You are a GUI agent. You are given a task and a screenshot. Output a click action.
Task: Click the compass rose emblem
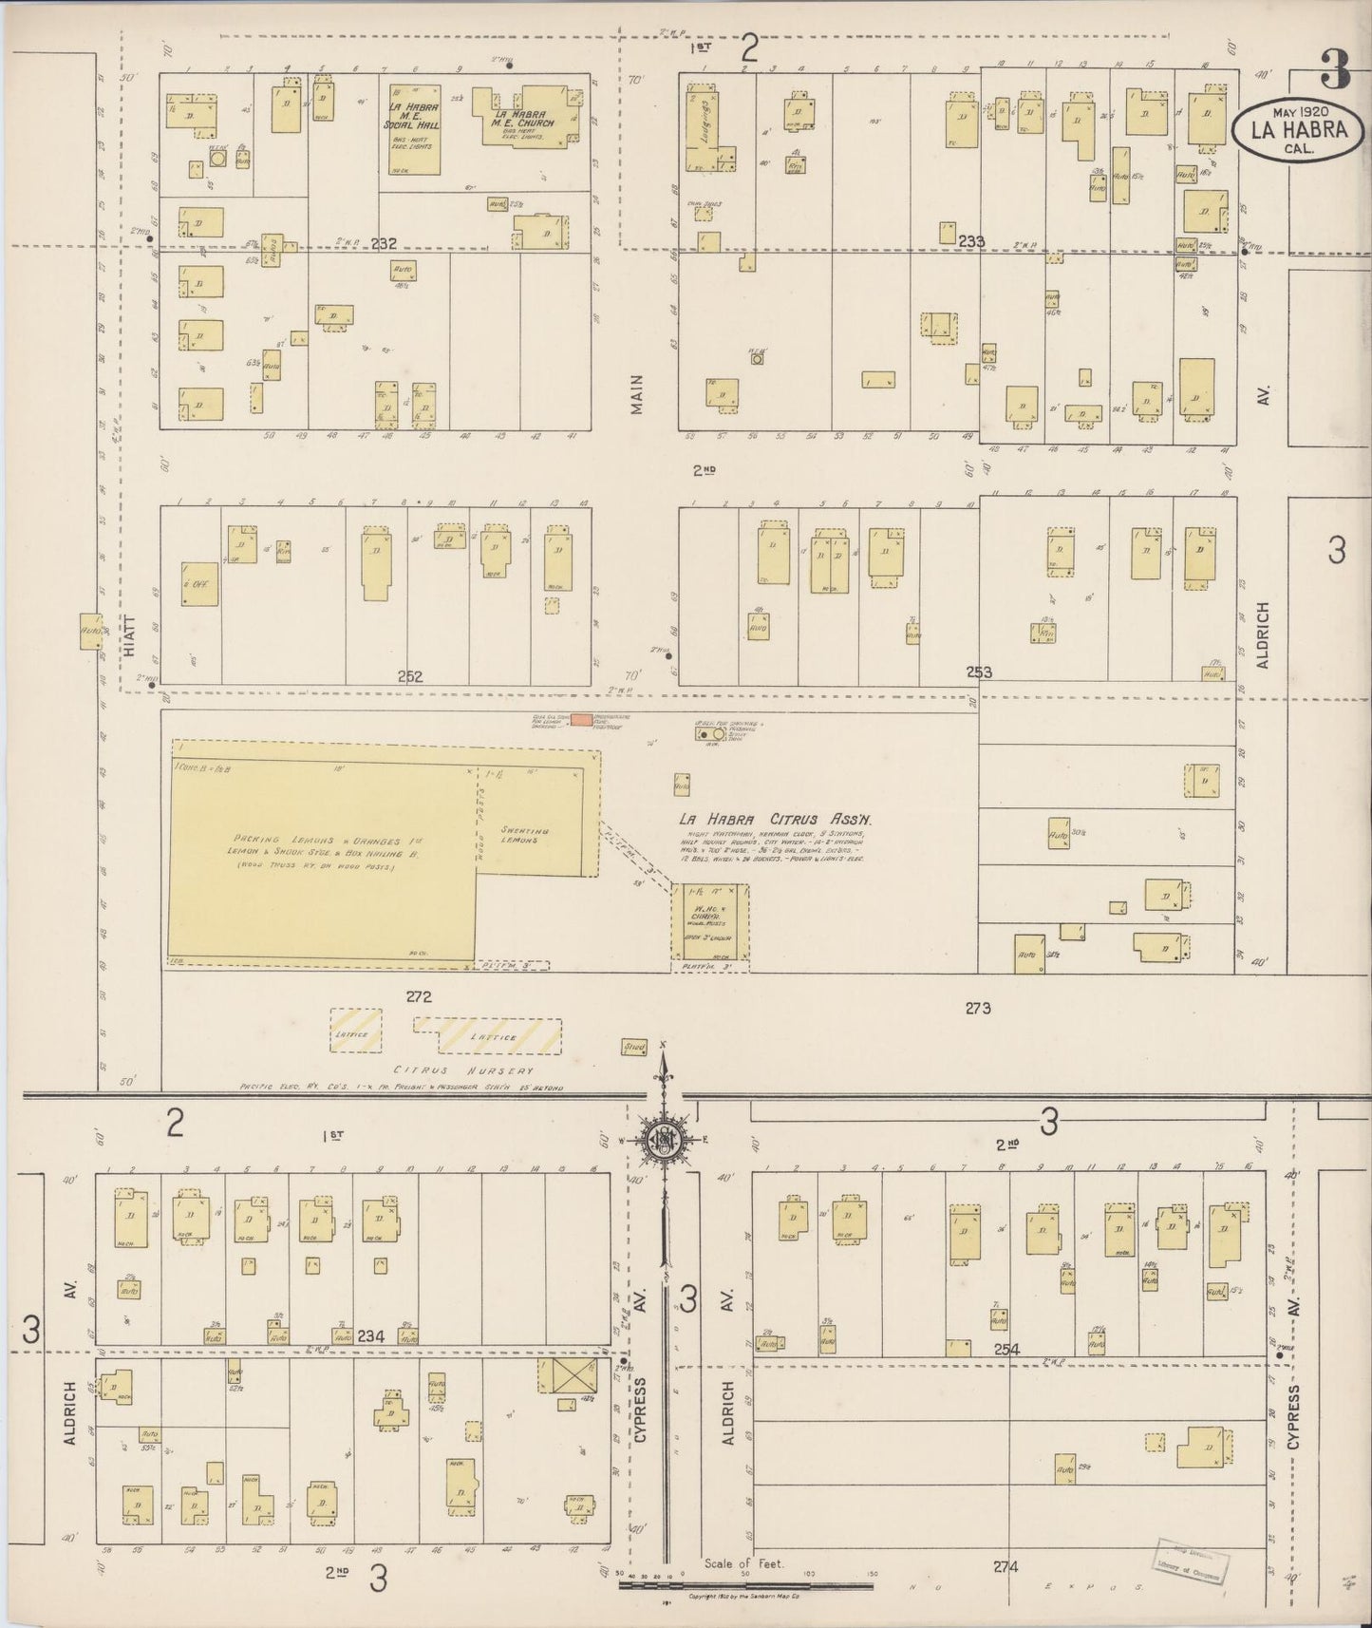pyautogui.click(x=662, y=1140)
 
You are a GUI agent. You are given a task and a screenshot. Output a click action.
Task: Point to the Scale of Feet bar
pyautogui.click(x=745, y=1585)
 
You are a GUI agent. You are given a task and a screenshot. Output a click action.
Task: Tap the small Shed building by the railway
pyautogui.click(x=633, y=1047)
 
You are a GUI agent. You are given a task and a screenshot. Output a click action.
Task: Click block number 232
pyautogui.click(x=384, y=244)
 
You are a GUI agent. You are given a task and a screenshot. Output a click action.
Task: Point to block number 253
pyautogui.click(x=979, y=672)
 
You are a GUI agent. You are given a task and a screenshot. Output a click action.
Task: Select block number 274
pyautogui.click(x=1006, y=1566)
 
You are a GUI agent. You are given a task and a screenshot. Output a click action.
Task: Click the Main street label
pyautogui.click(x=636, y=393)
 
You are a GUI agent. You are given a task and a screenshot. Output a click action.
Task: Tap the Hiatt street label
pyautogui.click(x=130, y=635)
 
